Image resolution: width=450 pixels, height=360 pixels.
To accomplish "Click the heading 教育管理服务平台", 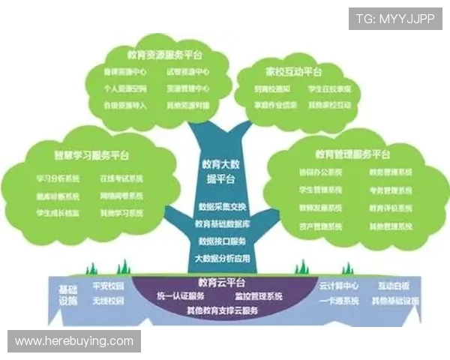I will point(352,154).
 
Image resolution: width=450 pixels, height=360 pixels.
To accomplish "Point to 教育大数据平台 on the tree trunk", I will point(222,171).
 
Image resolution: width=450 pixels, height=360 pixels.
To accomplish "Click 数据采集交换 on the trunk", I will point(222,206).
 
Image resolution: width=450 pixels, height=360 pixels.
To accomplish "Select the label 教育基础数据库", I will point(222,223).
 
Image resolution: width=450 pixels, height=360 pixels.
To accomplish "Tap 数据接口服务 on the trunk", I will point(222,241).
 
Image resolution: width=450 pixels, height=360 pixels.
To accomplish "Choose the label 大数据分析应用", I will point(222,259).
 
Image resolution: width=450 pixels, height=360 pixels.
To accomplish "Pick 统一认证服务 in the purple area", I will point(180,295).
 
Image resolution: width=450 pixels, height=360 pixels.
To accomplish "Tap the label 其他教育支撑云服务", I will point(222,309).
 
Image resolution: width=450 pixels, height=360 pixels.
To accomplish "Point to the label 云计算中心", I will point(338,286).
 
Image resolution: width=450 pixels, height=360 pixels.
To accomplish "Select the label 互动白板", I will point(395,286).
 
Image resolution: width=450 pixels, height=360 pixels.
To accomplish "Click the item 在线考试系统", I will point(121,179).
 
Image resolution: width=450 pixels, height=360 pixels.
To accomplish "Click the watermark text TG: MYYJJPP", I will point(395,17).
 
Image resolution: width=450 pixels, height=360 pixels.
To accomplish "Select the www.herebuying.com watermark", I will point(74,341).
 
